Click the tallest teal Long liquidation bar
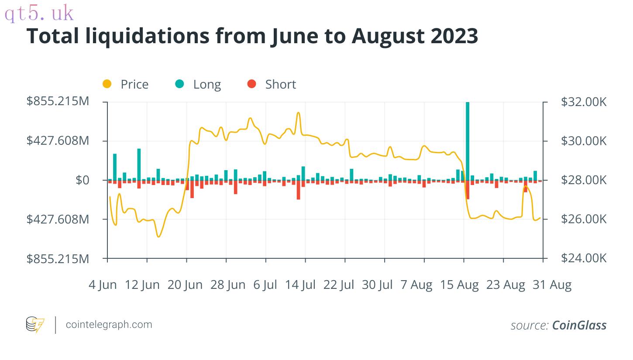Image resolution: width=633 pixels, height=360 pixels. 468,141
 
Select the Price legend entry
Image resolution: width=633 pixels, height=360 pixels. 125,84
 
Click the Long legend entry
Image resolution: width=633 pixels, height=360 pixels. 198,84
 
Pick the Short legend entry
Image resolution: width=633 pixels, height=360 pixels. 272,84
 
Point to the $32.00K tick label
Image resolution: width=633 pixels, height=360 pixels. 584,102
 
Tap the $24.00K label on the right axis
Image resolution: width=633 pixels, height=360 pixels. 584,258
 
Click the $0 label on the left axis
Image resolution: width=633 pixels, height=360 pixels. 82,180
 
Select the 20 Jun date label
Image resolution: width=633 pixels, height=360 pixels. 185,285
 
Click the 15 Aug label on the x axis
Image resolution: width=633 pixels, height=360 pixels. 460,285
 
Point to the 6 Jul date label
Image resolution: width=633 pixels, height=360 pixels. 265,285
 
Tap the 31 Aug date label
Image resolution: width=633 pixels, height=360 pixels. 552,285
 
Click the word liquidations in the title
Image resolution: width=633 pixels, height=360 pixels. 147,36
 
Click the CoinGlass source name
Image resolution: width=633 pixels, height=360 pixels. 579,325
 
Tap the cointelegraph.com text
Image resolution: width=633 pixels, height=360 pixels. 109,325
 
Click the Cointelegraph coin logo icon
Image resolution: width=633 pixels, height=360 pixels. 35,325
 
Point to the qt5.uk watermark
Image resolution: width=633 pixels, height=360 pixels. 39,13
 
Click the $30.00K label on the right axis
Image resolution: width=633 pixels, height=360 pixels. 584,141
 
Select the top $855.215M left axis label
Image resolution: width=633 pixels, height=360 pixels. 58,101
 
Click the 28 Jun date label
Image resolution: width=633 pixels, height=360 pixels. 228,285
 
